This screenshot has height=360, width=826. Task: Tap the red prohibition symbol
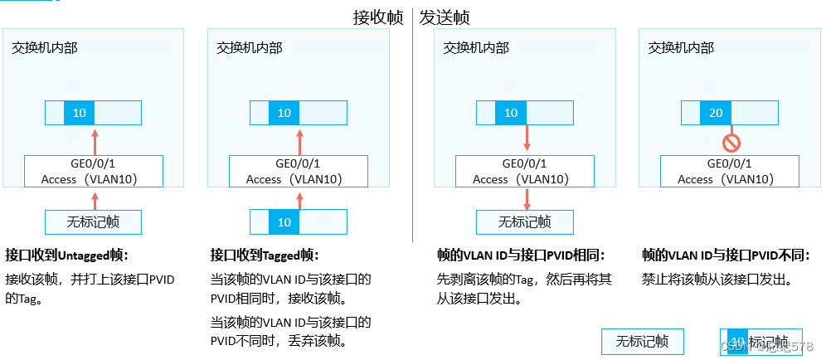731,144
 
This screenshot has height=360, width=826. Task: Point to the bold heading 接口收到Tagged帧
265,255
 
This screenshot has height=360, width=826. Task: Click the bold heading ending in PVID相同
521,255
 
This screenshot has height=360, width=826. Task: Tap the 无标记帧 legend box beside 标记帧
642,342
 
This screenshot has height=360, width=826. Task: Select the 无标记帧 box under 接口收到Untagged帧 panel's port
94,221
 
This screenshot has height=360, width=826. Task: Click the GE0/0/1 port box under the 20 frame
730,171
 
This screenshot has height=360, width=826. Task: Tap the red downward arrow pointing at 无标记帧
527,198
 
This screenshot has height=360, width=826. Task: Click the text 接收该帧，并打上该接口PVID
90,280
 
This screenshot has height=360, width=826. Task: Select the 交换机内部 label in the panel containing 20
681,48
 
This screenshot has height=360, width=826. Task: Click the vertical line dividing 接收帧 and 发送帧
413,124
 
